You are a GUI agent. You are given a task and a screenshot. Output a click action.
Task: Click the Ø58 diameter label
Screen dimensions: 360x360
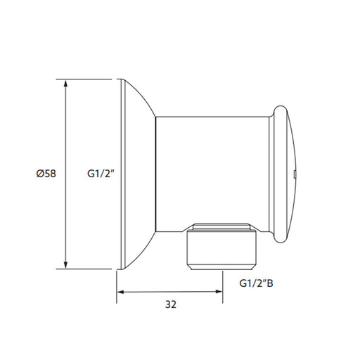tap(46, 174)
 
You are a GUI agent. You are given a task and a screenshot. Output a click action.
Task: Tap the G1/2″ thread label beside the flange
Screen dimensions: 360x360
tap(101, 174)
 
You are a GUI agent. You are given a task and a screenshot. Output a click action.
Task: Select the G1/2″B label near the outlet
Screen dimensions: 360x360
tap(256, 283)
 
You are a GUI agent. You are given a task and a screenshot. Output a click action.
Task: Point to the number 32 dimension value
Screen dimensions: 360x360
tap(171, 304)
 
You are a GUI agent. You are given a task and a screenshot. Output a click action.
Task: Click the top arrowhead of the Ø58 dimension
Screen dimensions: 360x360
tap(66, 84)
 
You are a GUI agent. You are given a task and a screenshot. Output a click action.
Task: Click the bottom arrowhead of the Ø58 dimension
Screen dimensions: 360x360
tap(66, 264)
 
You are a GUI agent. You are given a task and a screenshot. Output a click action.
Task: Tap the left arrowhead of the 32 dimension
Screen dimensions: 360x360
tap(122, 292)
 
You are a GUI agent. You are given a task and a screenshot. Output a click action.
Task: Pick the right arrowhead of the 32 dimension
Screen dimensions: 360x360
tap(218, 292)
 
